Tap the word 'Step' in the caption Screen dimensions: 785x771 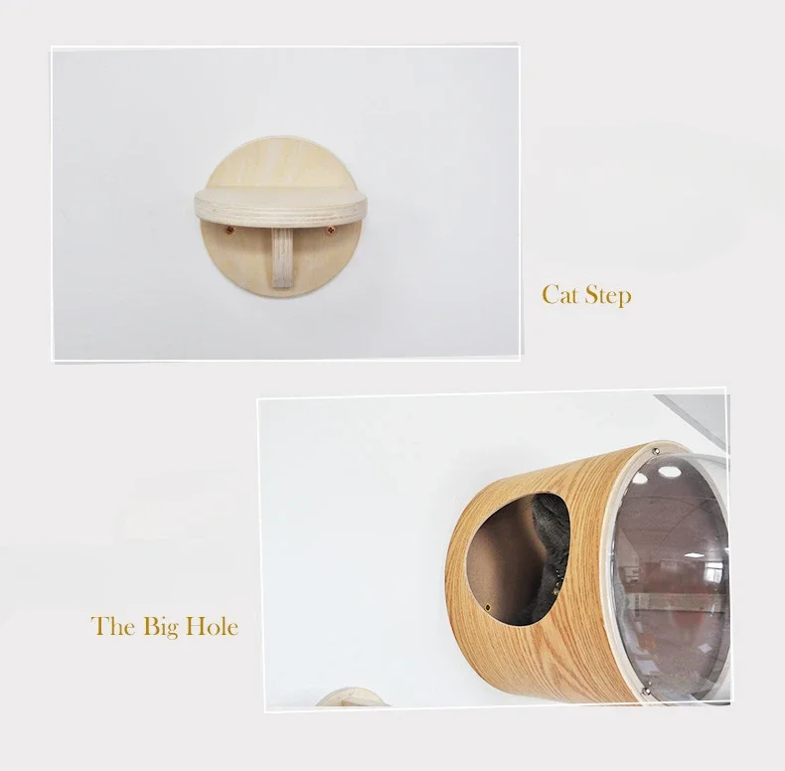coord(608,296)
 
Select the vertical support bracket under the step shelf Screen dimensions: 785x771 coord(282,258)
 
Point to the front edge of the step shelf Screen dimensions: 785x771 coord(280,213)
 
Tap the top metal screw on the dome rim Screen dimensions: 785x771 coord(657,451)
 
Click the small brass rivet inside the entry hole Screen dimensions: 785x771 coord(488,607)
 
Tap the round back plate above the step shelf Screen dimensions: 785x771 coord(280,161)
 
